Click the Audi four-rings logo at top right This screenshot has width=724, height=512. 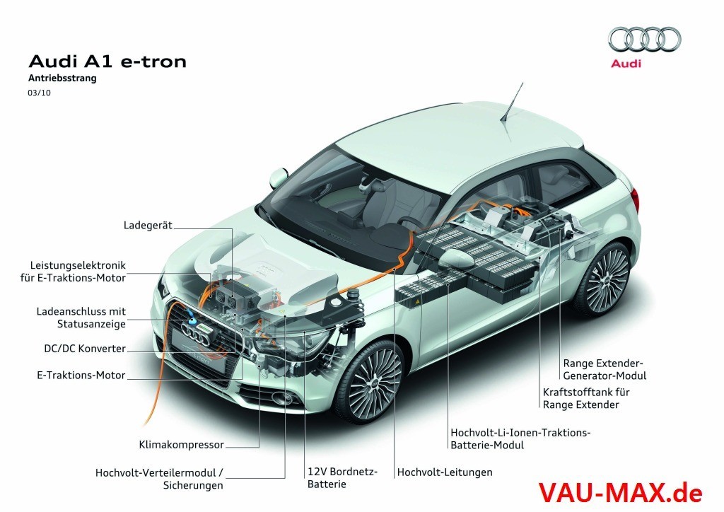[x=645, y=39]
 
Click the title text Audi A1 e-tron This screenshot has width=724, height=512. [x=107, y=62]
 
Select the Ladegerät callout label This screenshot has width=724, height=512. [x=148, y=226]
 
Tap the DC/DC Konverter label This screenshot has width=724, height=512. [x=85, y=349]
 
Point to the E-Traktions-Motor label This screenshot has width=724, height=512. [x=81, y=376]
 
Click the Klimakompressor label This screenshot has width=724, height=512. [x=182, y=445]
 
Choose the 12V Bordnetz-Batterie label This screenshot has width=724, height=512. [x=343, y=478]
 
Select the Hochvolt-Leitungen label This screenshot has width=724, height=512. [x=445, y=472]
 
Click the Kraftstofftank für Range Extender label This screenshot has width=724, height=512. [x=586, y=398]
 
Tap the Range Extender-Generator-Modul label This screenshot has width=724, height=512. [x=605, y=370]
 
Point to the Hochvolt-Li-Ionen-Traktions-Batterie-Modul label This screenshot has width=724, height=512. [x=521, y=439]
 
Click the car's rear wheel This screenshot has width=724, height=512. [x=605, y=279]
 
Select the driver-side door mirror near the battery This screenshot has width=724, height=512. [x=457, y=257]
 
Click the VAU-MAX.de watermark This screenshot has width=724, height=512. [x=620, y=492]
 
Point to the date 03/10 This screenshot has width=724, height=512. [x=40, y=93]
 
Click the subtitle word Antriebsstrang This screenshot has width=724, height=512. [x=62, y=78]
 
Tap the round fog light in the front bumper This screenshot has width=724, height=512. [x=281, y=397]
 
